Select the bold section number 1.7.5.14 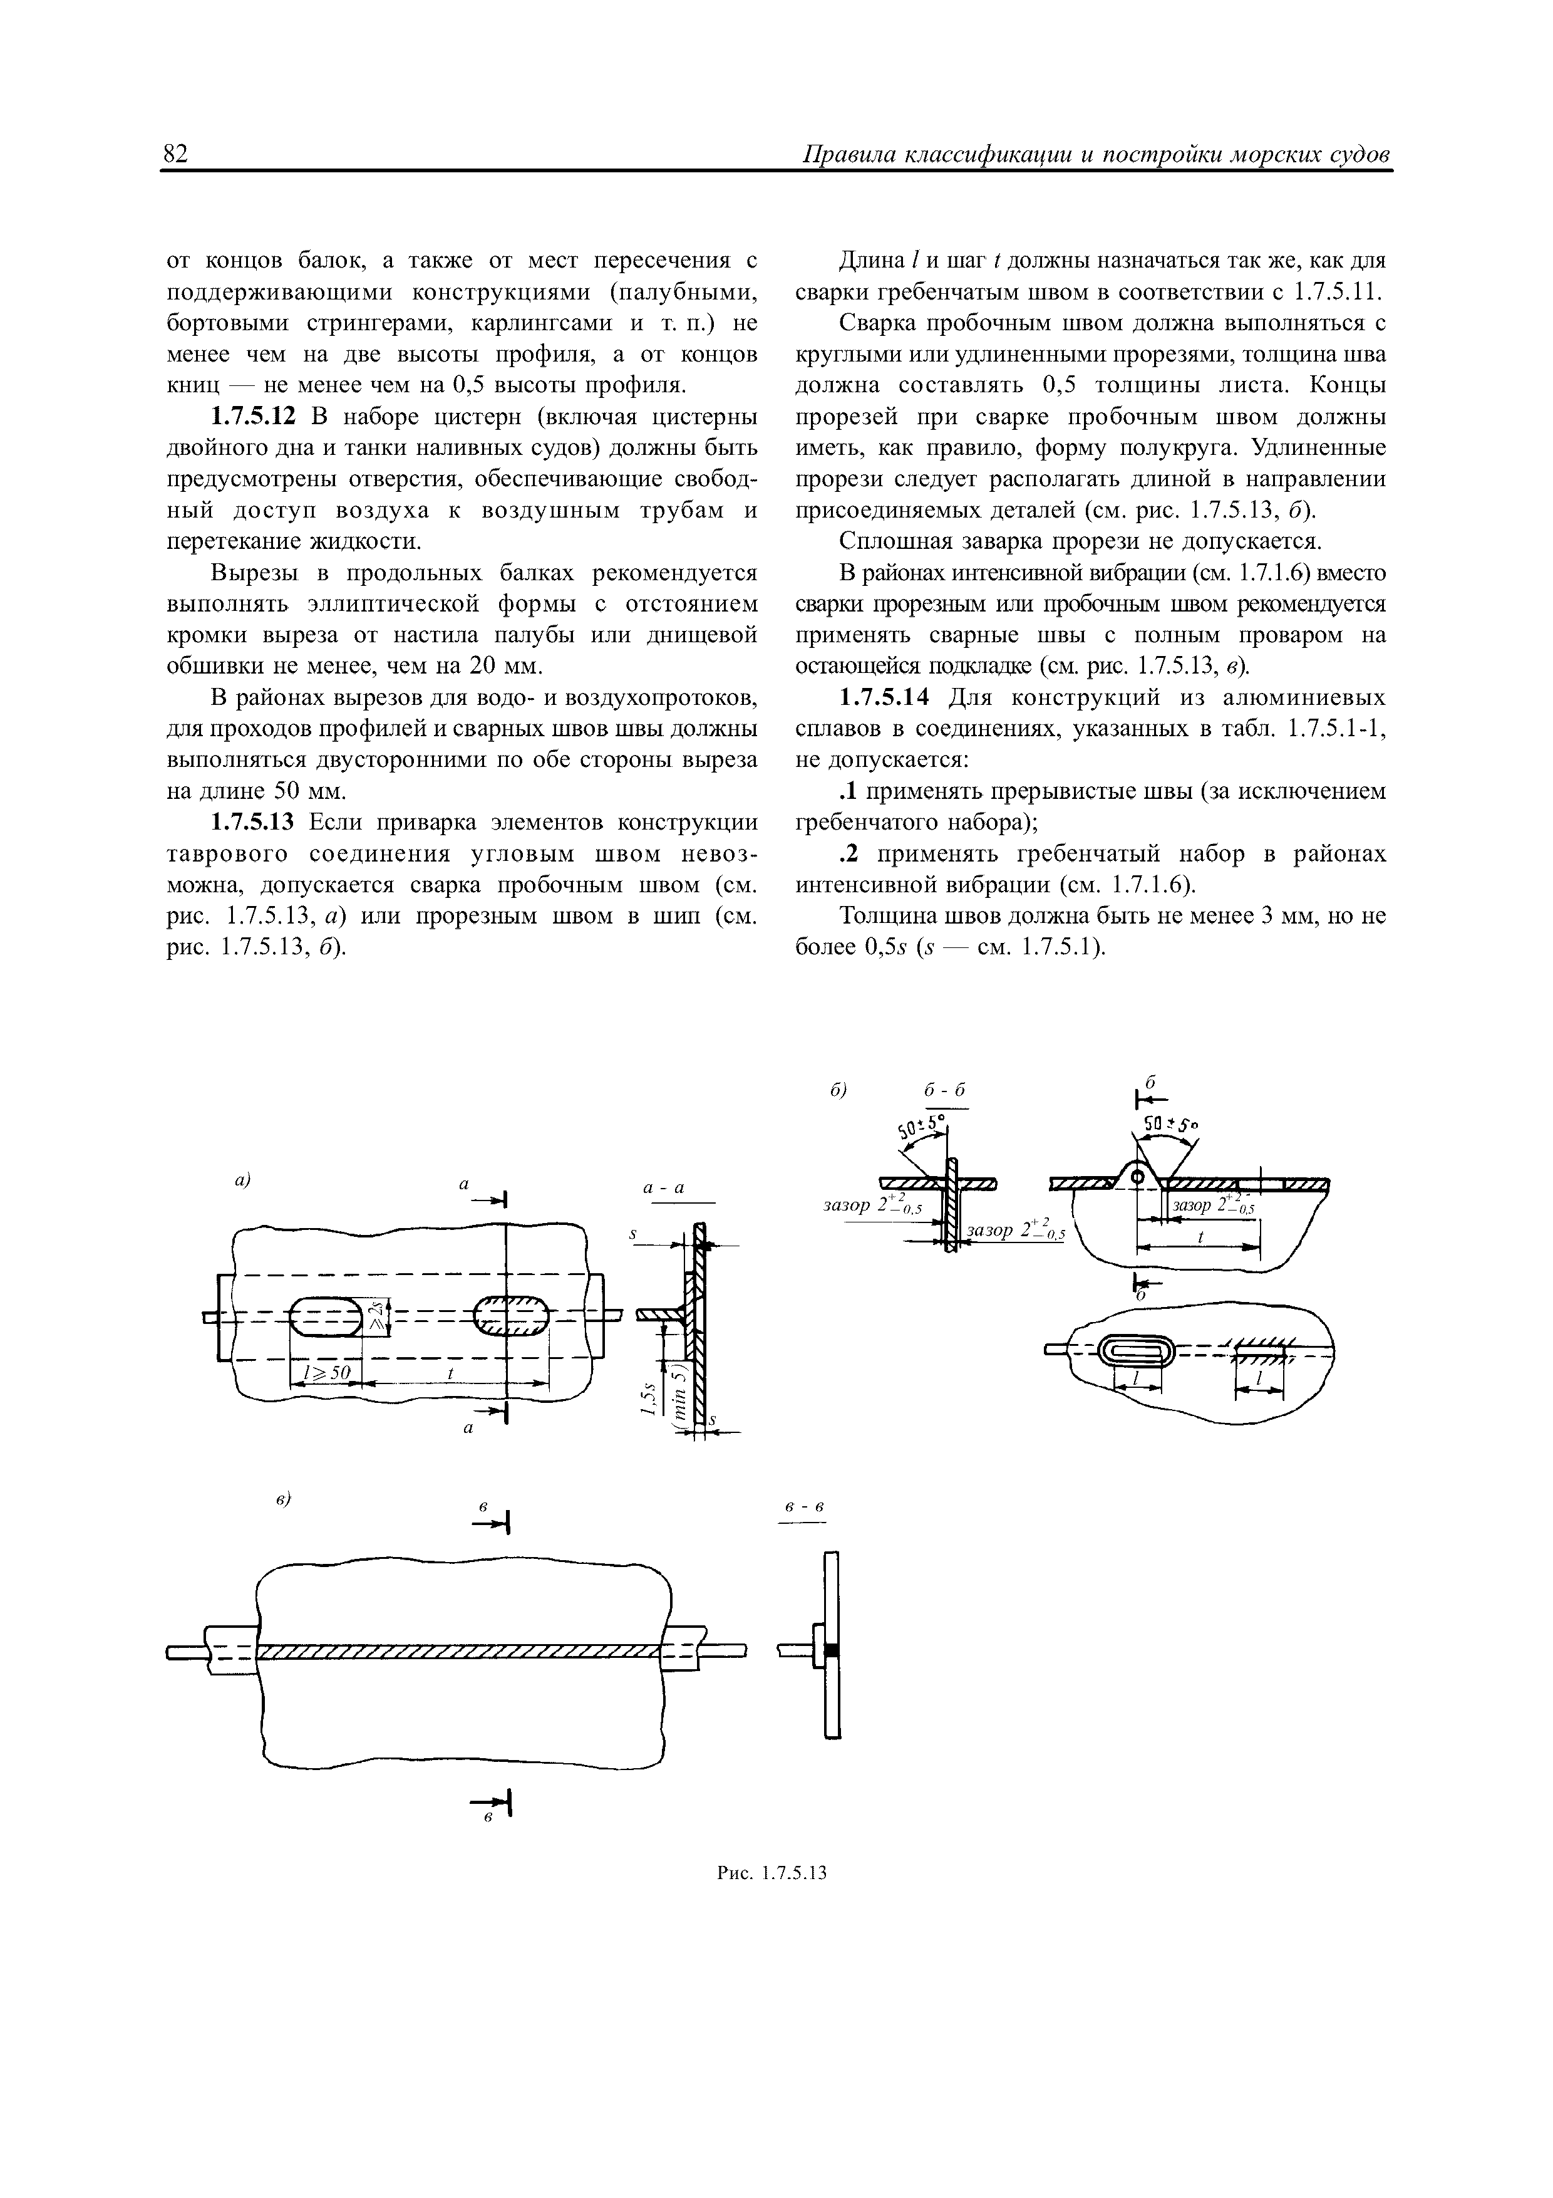coord(883,698)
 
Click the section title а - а coord(664,1188)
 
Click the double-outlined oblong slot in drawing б coord(1136,1352)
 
